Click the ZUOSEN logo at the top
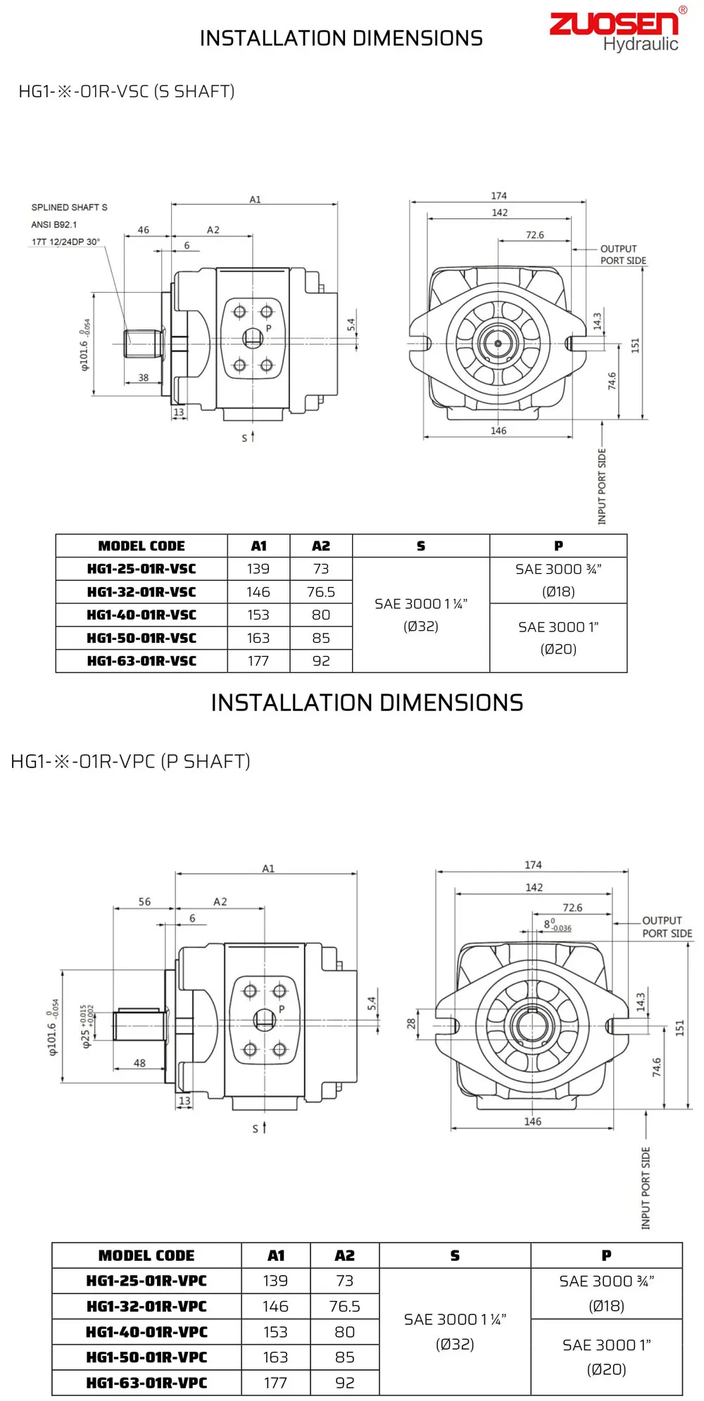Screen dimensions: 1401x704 [613, 24]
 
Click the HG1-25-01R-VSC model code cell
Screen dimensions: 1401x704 [142, 569]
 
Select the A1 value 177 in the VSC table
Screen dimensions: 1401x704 [258, 661]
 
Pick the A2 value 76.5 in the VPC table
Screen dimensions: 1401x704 [344, 1306]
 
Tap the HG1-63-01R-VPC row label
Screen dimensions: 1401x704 [146, 1383]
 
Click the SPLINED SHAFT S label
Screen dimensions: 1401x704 [69, 207]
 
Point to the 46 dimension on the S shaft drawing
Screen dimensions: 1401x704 [144, 230]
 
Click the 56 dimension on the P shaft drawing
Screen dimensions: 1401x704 [144, 901]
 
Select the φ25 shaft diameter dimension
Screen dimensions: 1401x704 [87, 1026]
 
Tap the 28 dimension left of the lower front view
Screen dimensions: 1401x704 [411, 1023]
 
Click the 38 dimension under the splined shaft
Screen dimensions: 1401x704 [144, 377]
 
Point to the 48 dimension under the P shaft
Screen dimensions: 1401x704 [139, 1063]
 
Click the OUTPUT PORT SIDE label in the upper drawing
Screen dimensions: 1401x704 [622, 254]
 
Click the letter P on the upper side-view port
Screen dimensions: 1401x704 [268, 328]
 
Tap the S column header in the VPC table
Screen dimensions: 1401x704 [455, 1255]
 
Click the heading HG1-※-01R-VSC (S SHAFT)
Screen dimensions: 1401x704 [126, 92]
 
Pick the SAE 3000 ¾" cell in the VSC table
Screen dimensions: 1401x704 [558, 579]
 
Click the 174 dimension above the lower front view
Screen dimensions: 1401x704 [533, 865]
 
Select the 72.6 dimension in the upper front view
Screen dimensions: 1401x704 [534, 235]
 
